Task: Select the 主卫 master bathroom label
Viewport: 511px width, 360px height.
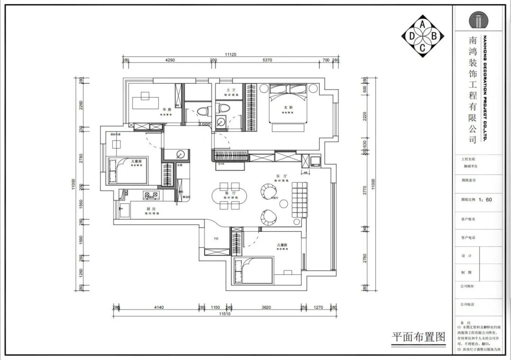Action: [x=230, y=90]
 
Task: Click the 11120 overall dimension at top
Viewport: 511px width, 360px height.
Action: [x=230, y=55]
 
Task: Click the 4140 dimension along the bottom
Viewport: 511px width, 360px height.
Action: [x=158, y=307]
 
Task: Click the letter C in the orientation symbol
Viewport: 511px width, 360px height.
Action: [x=423, y=46]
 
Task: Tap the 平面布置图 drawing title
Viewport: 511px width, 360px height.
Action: [x=419, y=337]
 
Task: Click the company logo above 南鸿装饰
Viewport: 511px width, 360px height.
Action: [x=478, y=20]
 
